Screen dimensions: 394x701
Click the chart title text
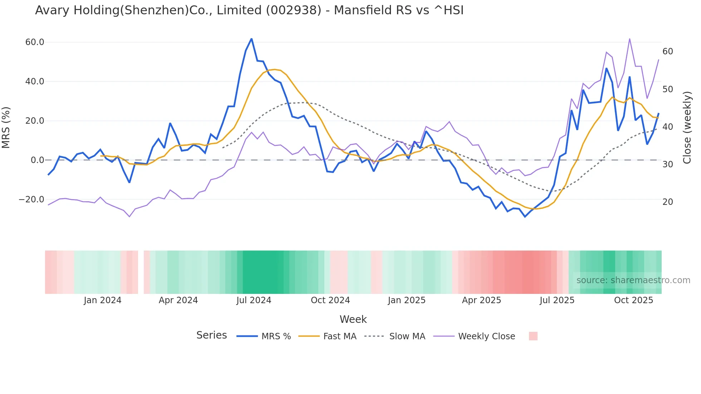click(249, 10)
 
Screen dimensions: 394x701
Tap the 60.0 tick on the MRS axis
click(35, 42)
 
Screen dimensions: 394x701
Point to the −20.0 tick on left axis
click(31, 200)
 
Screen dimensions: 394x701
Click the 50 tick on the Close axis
click(667, 89)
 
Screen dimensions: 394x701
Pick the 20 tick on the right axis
click(667, 202)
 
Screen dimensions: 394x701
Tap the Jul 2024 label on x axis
click(254, 300)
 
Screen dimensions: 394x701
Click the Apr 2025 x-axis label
click(481, 300)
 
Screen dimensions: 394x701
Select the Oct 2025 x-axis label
click(633, 300)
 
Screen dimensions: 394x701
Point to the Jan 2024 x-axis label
click(103, 300)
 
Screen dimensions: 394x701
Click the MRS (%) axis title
click(6, 128)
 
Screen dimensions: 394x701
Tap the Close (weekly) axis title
click(687, 128)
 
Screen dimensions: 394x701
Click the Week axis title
click(353, 319)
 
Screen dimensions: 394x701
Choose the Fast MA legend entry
click(339, 336)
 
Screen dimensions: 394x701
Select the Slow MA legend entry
click(407, 336)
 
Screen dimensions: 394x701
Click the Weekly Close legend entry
click(486, 336)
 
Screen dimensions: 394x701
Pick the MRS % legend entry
click(276, 336)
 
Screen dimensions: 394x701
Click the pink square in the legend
click(533, 336)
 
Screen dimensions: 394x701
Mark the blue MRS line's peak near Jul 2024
click(251, 39)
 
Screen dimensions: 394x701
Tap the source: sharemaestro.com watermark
click(633, 280)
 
